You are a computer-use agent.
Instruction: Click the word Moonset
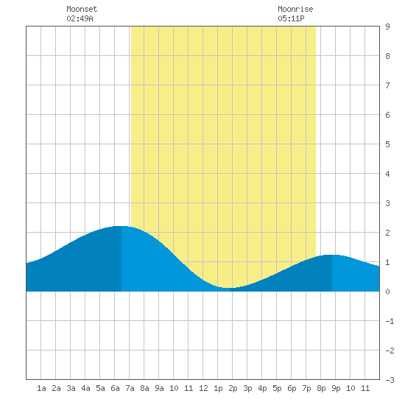pyautogui.click(x=82, y=9)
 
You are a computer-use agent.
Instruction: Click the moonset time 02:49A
pyautogui.click(x=80, y=18)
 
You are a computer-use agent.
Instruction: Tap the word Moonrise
pyautogui.click(x=295, y=9)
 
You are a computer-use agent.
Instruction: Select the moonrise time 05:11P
pyautogui.click(x=291, y=18)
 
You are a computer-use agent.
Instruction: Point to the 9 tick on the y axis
pyautogui.click(x=387, y=27)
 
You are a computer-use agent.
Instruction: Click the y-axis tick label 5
pyautogui.click(x=387, y=144)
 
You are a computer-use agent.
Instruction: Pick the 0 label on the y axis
pyautogui.click(x=387, y=292)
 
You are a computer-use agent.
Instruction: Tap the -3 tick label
pyautogui.click(x=390, y=380)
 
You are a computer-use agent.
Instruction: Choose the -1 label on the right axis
pyautogui.click(x=390, y=321)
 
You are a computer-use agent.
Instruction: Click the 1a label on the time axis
pyautogui.click(x=41, y=388)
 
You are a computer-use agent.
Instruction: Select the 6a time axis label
pyautogui.click(x=115, y=388)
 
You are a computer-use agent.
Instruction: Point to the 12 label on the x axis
pyautogui.click(x=203, y=388)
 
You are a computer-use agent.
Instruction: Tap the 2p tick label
pyautogui.click(x=233, y=388)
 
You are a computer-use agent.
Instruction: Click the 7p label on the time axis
pyautogui.click(x=306, y=388)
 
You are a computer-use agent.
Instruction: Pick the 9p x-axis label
pyautogui.click(x=336, y=388)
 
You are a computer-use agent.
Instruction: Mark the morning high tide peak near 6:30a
pyautogui.click(x=121, y=226)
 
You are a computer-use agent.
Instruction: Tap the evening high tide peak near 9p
pyautogui.click(x=332, y=255)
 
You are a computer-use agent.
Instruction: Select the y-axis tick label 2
pyautogui.click(x=387, y=233)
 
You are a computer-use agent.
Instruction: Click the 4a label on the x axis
pyautogui.click(x=85, y=388)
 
